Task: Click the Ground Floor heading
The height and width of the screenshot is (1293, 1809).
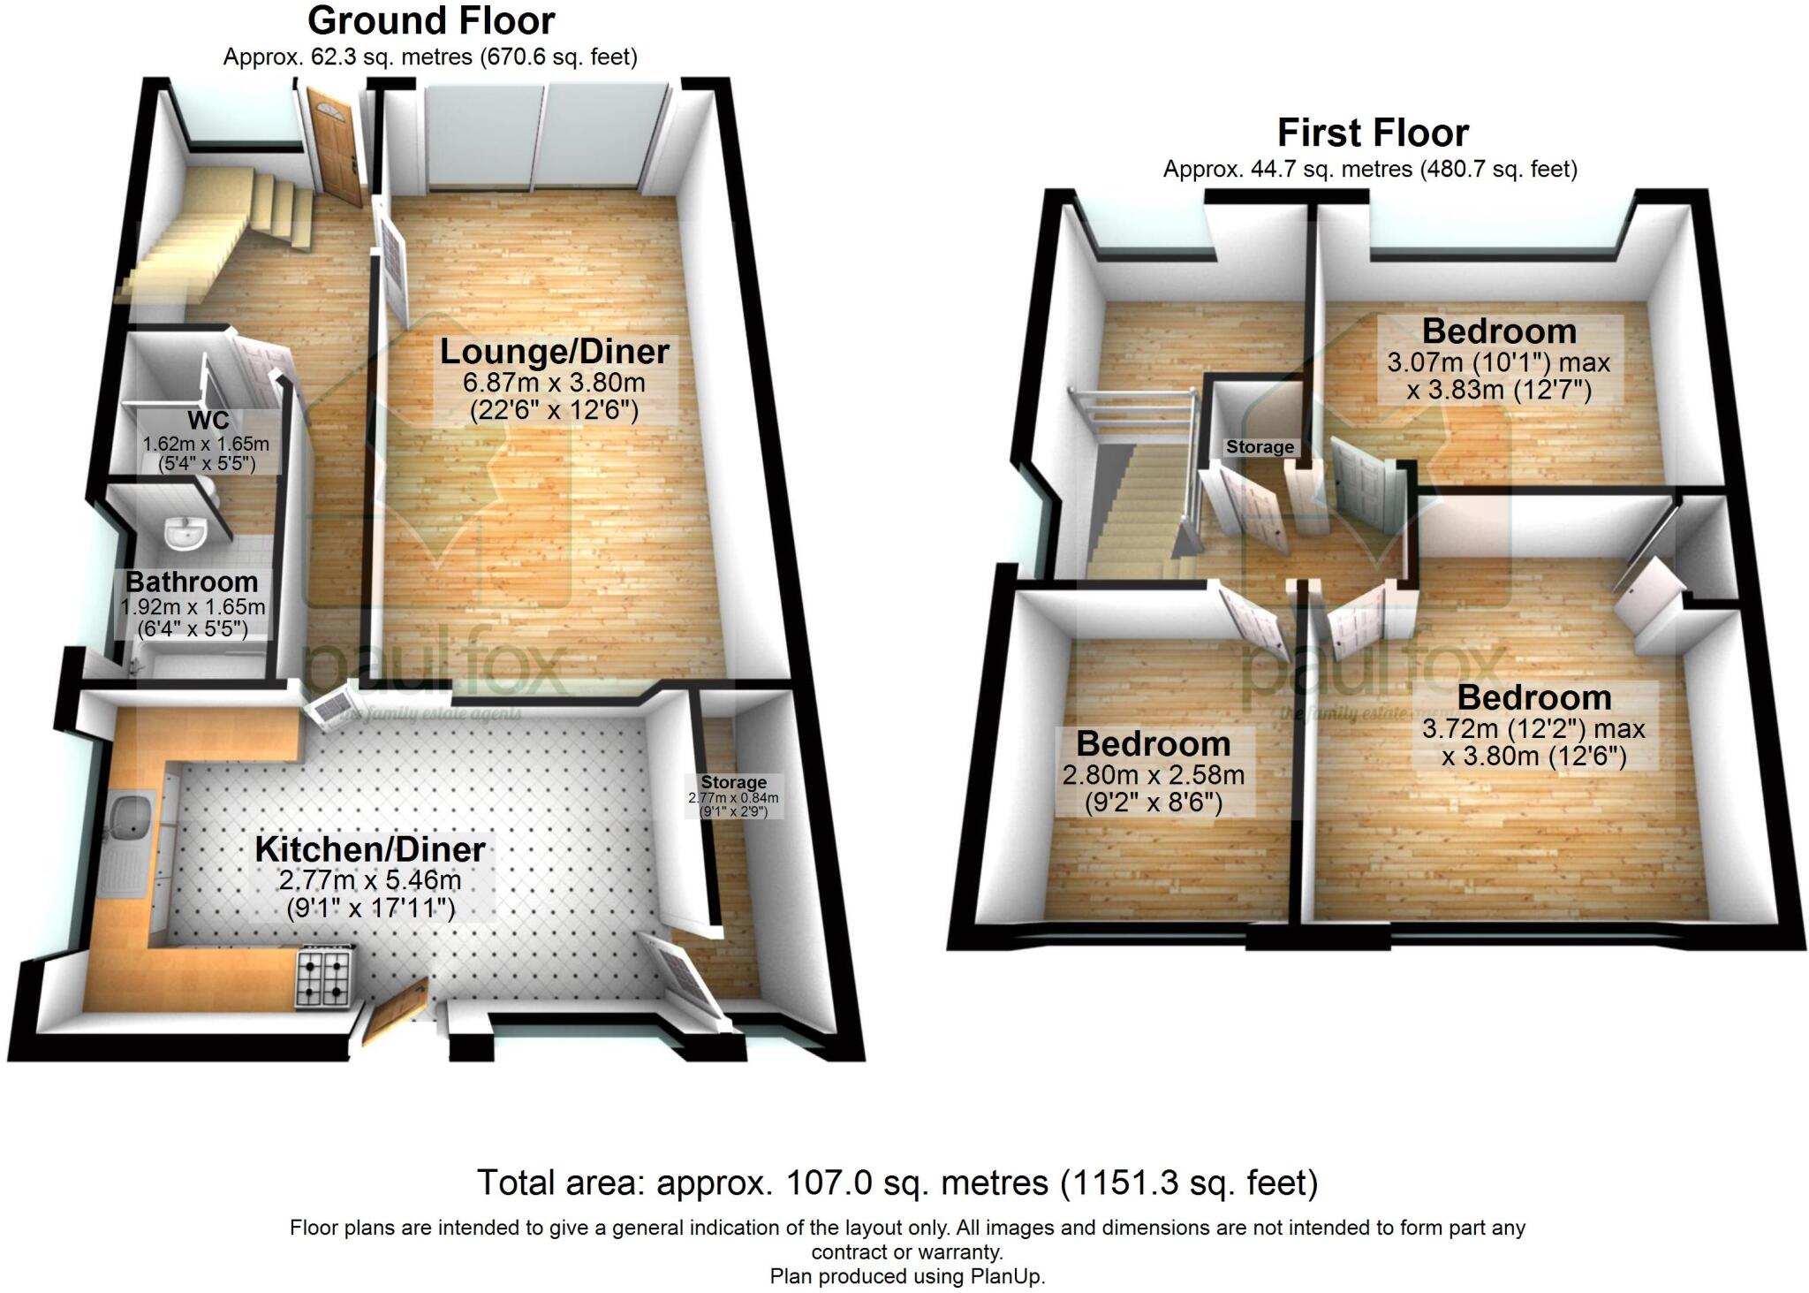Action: coord(431,20)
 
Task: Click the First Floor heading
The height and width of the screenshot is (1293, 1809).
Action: coord(1373,133)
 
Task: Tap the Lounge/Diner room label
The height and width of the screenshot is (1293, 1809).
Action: coord(554,352)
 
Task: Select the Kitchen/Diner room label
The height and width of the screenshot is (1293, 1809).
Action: coord(370,849)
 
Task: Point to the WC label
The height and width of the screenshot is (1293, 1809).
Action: coord(208,420)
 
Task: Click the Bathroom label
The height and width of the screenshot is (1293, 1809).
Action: coord(192,582)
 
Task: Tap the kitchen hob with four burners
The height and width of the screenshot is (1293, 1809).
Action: coord(324,977)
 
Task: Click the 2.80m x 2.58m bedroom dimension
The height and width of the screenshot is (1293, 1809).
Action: coord(1153,775)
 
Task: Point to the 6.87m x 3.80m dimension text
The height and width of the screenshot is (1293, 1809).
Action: coord(554,383)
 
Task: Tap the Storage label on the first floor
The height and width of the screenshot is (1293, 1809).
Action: coord(1260,447)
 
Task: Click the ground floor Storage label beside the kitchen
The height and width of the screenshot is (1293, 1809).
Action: coord(733,782)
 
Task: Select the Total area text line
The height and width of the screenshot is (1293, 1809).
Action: coord(897,1183)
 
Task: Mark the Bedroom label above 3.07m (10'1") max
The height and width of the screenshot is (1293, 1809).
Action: coord(1499,331)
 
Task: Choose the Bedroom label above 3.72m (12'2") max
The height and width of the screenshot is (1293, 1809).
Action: coord(1534,697)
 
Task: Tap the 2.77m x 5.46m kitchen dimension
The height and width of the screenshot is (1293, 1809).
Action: coord(370,880)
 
